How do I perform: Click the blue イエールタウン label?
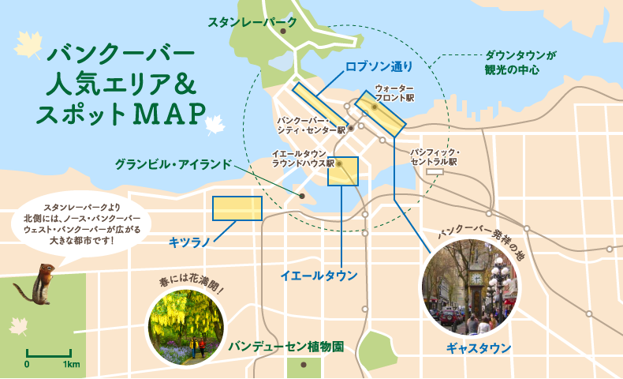tap(319, 276)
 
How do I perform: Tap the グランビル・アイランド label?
tap(173, 164)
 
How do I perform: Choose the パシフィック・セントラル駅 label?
tap(435, 156)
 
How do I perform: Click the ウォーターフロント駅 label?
tap(394, 92)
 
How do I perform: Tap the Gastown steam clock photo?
tap(471, 286)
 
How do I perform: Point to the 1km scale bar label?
tap(72, 365)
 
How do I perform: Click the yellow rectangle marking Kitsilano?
tap(237, 208)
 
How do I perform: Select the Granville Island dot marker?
tap(301, 195)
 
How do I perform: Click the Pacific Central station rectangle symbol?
tap(435, 171)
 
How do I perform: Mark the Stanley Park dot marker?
tap(283, 31)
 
